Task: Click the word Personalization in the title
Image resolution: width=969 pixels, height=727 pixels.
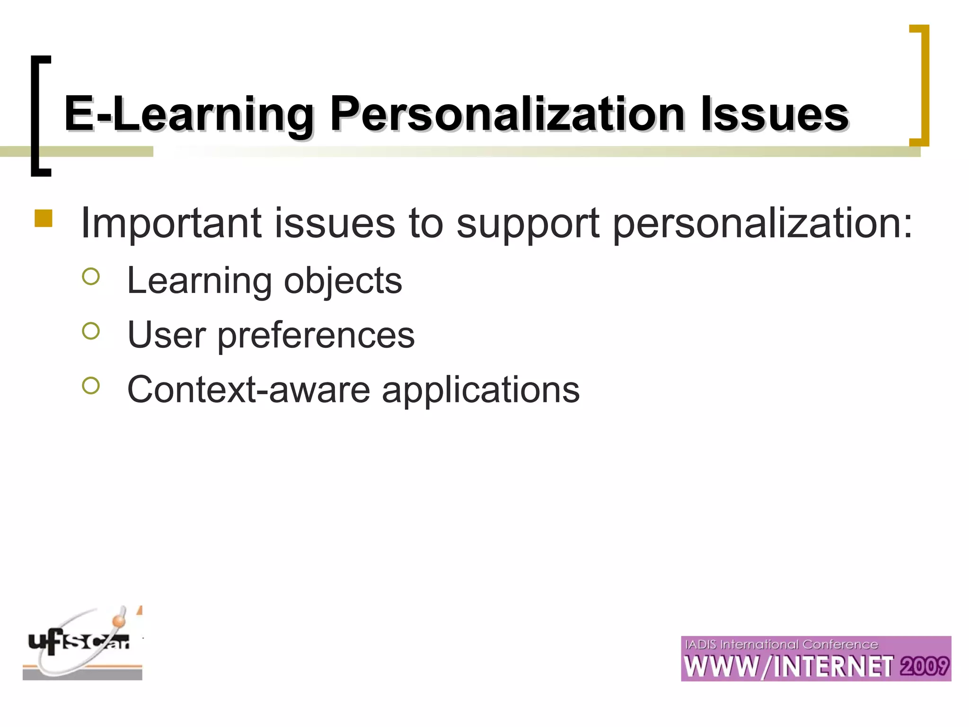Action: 507,115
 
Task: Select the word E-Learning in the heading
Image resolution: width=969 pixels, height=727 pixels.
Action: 189,115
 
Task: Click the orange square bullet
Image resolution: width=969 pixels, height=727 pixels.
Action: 44,219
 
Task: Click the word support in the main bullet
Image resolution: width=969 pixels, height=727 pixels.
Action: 528,223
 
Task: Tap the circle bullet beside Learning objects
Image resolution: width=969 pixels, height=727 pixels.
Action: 91,277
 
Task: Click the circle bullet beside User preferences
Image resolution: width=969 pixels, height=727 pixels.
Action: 91,331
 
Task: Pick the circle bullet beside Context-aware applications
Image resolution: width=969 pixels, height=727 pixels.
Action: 91,386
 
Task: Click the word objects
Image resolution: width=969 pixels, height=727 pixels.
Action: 343,281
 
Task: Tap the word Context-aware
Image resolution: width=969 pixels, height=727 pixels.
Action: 249,390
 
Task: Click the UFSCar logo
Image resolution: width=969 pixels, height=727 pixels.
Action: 82,644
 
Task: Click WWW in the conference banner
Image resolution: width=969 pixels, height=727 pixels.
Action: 722,666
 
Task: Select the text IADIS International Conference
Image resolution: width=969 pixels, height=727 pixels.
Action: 781,645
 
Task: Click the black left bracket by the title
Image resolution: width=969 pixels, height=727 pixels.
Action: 40,116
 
